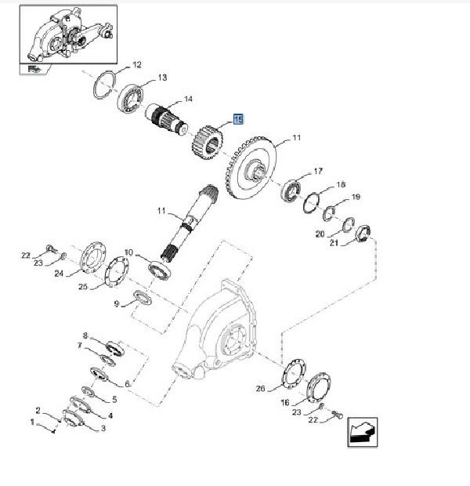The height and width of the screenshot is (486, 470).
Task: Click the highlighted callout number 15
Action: click(x=238, y=119)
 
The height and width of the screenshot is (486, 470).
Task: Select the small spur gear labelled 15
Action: click(x=208, y=142)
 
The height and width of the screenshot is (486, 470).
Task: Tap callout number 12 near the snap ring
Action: click(x=137, y=65)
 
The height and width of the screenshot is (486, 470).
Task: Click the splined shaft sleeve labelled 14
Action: click(x=167, y=118)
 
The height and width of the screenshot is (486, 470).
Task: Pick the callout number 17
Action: click(x=318, y=171)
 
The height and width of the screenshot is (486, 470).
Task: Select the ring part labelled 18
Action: click(x=312, y=203)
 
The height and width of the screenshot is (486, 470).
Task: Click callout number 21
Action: click(x=334, y=242)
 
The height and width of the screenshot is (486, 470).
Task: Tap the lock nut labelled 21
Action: click(x=363, y=234)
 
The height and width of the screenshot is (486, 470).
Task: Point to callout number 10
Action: click(x=128, y=252)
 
